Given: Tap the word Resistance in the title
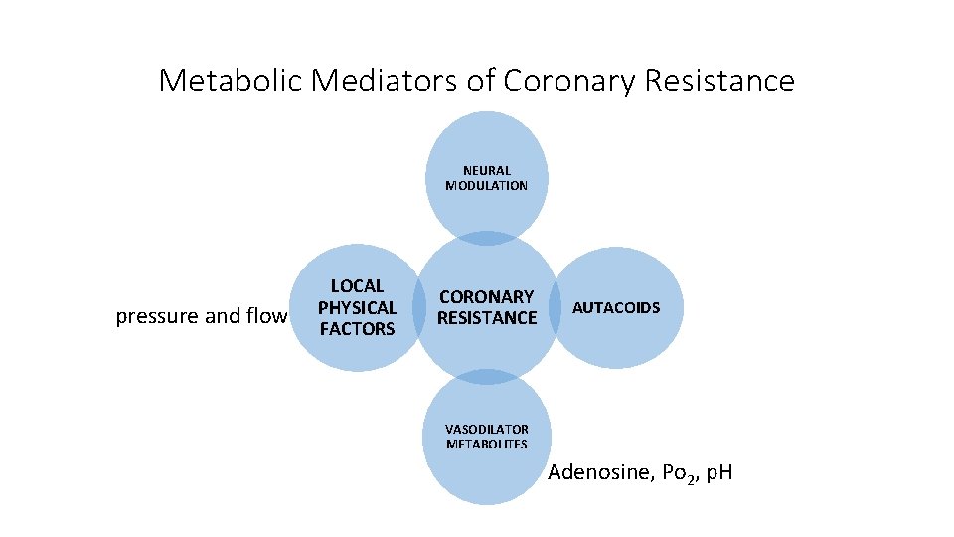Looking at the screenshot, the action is tap(719, 81).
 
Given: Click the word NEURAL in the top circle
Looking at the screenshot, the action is tap(486, 171).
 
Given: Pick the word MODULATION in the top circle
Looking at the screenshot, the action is tap(486, 186).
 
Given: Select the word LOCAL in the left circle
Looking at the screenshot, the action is tap(357, 286).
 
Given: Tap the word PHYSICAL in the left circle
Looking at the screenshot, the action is tap(357, 307).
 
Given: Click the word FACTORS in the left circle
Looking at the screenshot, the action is tap(357, 329).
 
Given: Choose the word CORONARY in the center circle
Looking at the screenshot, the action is tap(487, 296).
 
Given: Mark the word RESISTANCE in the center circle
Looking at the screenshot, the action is tap(487, 318).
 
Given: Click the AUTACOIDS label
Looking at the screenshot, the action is tap(616, 307).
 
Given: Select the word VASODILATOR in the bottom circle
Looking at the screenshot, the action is tap(487, 429).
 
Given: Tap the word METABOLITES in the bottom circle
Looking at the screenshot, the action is tap(487, 444).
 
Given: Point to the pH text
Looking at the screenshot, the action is tap(715, 471).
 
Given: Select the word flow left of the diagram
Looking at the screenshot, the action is tap(263, 317).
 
